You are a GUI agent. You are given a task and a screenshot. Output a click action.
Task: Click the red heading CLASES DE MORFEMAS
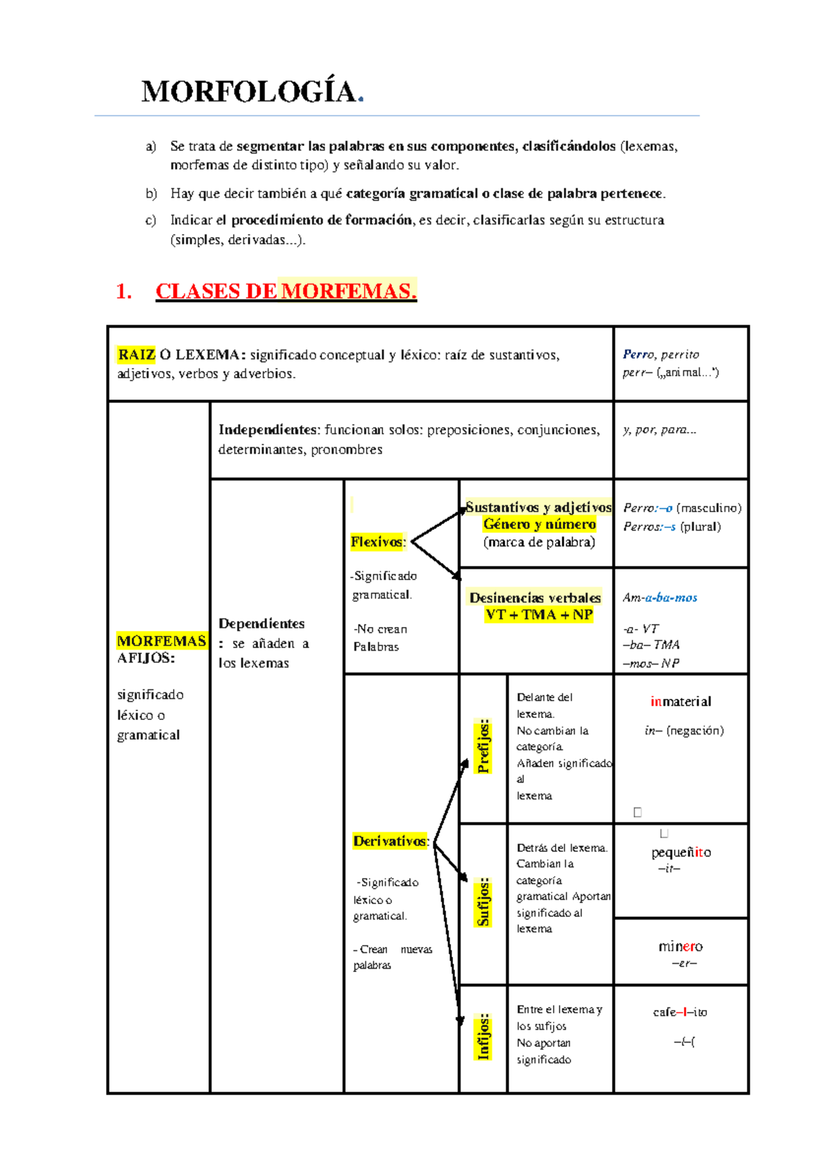click(285, 291)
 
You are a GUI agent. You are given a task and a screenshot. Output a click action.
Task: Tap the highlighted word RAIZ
click(137, 355)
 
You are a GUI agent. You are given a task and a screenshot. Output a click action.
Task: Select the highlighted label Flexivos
click(378, 541)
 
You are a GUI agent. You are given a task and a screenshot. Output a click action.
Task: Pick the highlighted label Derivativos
click(391, 841)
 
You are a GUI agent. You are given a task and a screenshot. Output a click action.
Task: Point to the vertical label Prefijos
click(484, 746)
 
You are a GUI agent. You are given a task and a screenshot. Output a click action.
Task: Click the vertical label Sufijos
click(484, 901)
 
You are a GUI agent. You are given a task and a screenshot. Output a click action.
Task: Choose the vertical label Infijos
click(484, 1037)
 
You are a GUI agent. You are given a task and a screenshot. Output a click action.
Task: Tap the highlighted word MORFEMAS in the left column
click(162, 641)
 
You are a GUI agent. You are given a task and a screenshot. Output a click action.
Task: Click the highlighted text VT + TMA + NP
click(539, 615)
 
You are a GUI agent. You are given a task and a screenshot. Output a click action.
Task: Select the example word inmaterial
click(681, 702)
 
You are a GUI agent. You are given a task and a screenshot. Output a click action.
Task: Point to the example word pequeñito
click(681, 852)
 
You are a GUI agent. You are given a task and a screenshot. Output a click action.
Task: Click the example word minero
click(681, 946)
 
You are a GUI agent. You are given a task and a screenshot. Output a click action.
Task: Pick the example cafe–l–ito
click(680, 1012)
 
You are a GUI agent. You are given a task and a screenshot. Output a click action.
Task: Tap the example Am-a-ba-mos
click(660, 598)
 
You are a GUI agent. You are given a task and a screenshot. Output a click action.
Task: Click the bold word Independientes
click(268, 430)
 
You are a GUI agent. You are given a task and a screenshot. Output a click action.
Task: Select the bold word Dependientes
click(261, 624)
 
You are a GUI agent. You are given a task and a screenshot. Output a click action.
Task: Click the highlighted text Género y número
click(539, 524)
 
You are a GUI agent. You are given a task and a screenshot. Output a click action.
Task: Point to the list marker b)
click(151, 194)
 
